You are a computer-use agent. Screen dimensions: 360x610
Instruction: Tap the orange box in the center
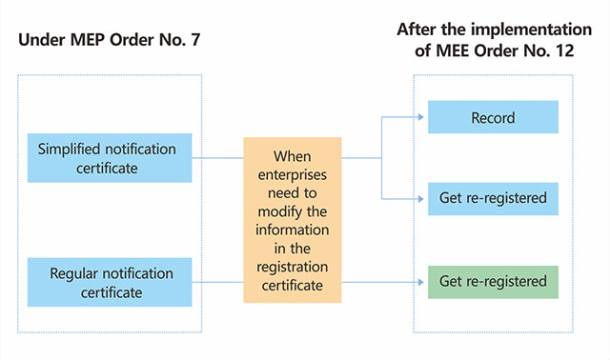(x=292, y=220)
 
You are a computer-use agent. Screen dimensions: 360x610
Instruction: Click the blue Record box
(x=493, y=118)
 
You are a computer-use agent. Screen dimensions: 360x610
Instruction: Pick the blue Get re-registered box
(x=493, y=198)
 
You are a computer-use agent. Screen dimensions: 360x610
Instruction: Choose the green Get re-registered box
(x=493, y=282)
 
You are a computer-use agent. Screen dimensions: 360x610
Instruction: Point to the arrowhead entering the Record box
(x=423, y=118)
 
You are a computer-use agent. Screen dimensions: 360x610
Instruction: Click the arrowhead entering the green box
(x=423, y=282)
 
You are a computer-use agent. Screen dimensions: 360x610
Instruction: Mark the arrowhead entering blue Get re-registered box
(x=423, y=198)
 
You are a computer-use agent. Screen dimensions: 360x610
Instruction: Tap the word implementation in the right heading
(x=531, y=29)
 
